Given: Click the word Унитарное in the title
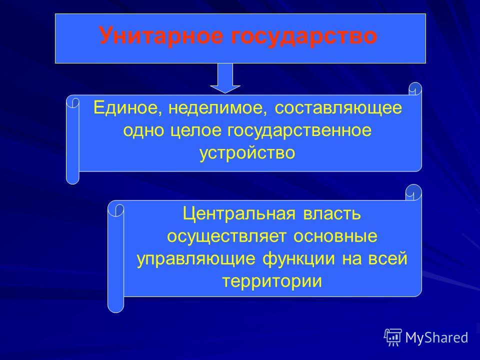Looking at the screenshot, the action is tap(161, 35).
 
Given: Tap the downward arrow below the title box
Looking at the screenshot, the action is tap(225, 78).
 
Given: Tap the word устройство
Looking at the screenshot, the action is tap(247, 153).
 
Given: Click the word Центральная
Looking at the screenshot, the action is tap(239, 213).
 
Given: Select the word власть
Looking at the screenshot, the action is tap(332, 213).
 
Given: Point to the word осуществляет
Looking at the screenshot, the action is tap(227, 237).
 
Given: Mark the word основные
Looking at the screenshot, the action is tap(335, 236).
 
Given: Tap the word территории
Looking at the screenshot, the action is tap(272, 281).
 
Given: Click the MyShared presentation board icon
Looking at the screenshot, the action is tap(393, 337).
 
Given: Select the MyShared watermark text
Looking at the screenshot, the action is tap(436, 337).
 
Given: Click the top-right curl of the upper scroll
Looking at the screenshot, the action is tap(415, 89).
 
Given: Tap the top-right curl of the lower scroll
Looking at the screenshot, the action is tap(413, 192).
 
